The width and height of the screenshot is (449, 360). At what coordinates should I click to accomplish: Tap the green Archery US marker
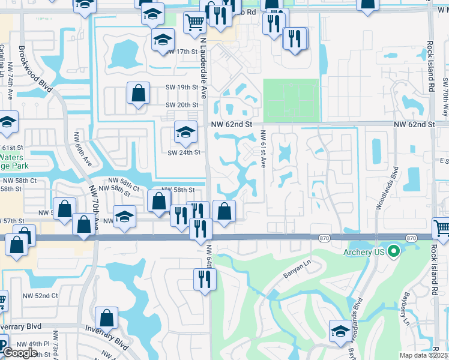pos(394,251)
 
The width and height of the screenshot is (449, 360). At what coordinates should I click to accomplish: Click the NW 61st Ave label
pos(263,150)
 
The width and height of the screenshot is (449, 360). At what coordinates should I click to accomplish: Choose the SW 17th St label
pos(182,52)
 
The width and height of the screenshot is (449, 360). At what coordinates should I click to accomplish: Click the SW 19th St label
pos(182,88)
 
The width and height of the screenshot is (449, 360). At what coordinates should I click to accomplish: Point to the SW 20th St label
pos(182,106)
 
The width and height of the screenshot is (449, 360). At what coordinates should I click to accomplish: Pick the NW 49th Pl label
pos(33,344)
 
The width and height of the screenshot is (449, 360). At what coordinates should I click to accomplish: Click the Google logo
pos(20,353)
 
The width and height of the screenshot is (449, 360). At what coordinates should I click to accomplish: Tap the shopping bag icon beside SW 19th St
pos(138,94)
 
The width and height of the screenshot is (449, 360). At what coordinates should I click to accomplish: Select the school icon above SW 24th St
pos(186,132)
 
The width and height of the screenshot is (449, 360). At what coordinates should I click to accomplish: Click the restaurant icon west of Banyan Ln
pos(205,279)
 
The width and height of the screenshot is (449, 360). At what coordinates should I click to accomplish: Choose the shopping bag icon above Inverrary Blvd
pos(106,317)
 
